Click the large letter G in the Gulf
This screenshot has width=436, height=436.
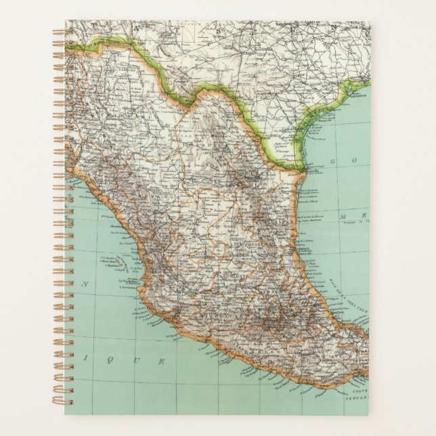[333, 160]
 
